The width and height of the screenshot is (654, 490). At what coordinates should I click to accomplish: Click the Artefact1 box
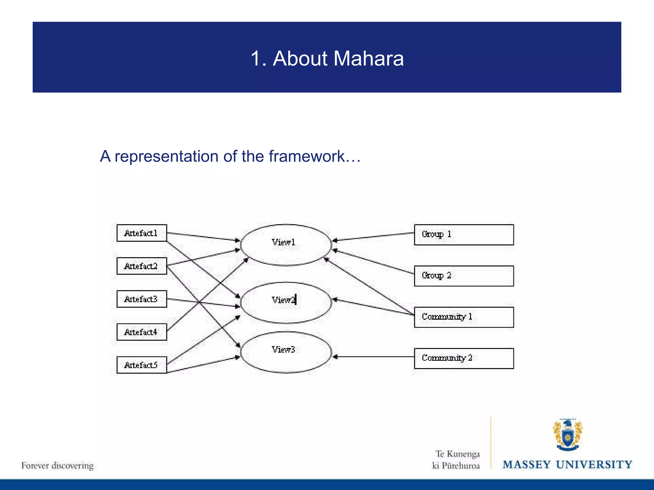point(141,233)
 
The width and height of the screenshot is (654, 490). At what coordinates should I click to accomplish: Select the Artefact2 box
point(141,266)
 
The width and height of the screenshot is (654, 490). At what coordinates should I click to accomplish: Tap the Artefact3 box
point(141,299)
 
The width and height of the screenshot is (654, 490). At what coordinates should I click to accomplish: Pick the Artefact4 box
point(141,332)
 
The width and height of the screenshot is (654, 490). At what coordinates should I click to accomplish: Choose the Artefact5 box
point(141,365)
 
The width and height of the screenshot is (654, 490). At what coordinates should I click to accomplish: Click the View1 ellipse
point(286,245)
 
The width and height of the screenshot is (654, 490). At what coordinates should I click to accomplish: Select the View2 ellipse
point(286,302)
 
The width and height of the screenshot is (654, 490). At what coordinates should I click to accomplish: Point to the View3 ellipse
point(286,352)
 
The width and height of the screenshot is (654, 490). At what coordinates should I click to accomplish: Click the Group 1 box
point(464,235)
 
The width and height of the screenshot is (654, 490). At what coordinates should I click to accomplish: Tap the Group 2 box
point(464,276)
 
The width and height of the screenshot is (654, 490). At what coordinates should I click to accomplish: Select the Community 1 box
point(464,317)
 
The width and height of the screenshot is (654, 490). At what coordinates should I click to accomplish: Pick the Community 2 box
point(464,358)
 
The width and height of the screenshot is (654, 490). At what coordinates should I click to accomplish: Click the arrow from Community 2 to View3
point(374,357)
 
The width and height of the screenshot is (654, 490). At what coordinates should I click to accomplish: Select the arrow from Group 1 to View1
point(374,237)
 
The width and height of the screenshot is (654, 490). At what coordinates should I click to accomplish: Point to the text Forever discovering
point(57,465)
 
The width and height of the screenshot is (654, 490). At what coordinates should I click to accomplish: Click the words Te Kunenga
point(457,454)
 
